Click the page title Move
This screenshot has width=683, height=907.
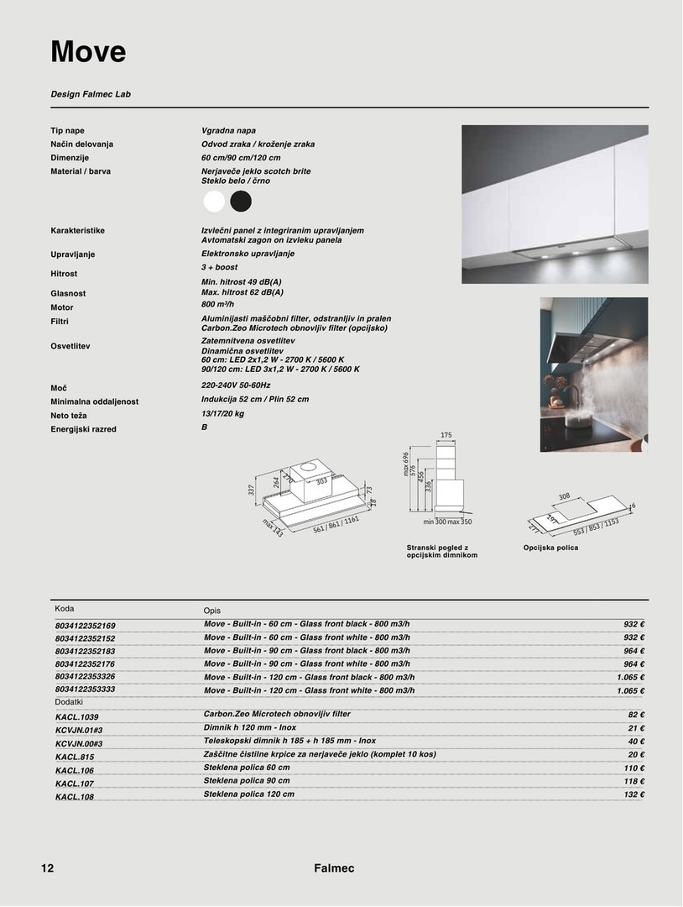point(88,52)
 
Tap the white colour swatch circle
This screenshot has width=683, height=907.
point(215,202)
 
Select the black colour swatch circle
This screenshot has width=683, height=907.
point(241,202)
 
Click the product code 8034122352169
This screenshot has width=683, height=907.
point(86,626)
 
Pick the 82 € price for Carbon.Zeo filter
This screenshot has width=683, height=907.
point(635,715)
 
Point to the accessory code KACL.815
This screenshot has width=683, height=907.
point(74,757)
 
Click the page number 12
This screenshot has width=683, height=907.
point(47,868)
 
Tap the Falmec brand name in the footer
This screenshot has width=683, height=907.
point(334,868)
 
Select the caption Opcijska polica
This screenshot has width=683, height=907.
point(550,548)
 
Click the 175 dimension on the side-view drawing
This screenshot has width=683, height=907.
point(446,435)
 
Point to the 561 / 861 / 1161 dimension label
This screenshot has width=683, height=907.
point(336,525)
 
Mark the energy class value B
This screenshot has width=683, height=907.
point(204,427)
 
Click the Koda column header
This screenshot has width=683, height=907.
point(65,609)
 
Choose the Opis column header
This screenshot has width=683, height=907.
point(211,611)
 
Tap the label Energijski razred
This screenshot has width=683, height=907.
point(83,429)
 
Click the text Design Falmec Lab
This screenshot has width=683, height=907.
point(91,94)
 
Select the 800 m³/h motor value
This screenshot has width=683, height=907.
point(218,304)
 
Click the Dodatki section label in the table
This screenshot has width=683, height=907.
point(69,701)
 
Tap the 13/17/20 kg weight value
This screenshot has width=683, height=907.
point(222,413)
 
